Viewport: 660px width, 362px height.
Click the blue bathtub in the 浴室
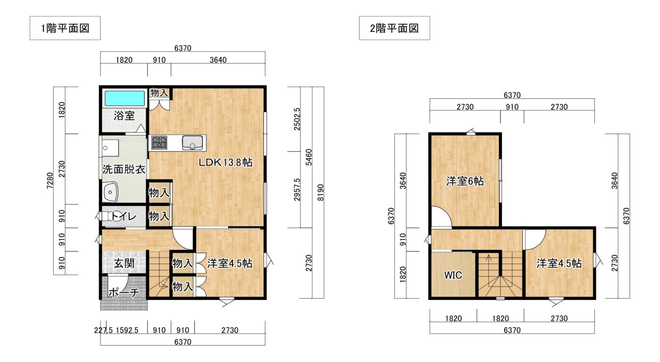[125, 98]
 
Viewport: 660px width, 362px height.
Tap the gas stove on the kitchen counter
[159, 143]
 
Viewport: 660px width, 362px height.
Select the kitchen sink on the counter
[192, 143]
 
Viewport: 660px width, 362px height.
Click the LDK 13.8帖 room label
[225, 162]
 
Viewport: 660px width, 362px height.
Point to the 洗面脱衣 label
[124, 169]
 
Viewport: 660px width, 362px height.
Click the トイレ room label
[124, 217]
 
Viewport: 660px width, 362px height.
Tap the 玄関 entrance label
[124, 263]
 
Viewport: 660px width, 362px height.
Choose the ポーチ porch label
[124, 292]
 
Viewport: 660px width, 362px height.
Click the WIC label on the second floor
[453, 275]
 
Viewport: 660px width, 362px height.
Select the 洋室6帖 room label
[465, 181]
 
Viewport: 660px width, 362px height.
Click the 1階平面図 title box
[65, 28]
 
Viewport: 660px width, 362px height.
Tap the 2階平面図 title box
[394, 28]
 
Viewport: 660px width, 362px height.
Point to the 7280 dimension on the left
[50, 181]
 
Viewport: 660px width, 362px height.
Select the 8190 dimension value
[320, 193]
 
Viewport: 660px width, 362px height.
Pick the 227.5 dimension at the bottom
[103, 330]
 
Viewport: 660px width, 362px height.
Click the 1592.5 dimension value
[127, 330]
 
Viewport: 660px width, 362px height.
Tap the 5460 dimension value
[308, 157]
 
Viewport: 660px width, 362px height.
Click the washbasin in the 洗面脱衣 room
[110, 192]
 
